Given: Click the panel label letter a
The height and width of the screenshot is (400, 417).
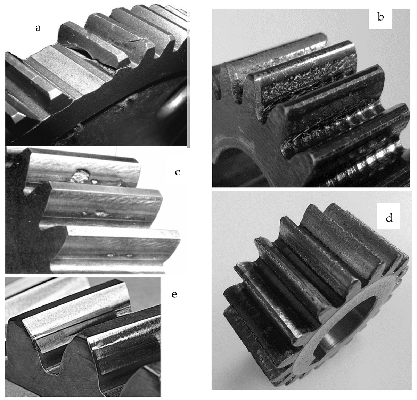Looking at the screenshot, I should coord(38,28).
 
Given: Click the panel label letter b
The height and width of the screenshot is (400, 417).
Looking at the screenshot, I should coord(381,16).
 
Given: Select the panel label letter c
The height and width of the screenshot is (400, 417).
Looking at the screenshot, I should coord(177,172).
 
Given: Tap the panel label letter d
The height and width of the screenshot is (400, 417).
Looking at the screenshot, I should coord(389,218).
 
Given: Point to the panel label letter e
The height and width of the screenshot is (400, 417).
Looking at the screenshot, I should coord(174,294).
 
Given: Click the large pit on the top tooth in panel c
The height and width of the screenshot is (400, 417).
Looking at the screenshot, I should coord(79,176).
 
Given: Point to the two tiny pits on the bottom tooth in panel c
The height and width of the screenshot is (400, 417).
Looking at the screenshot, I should coord(120,255).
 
